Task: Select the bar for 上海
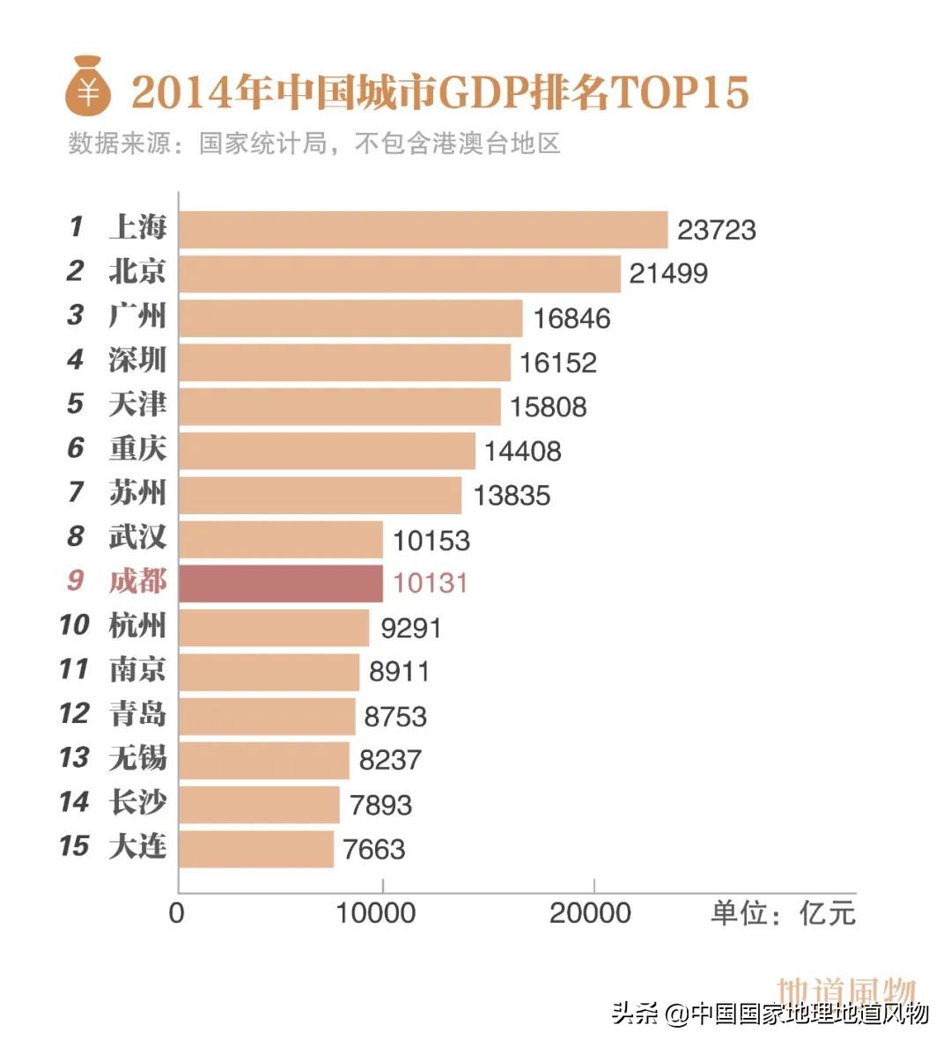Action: [423, 230]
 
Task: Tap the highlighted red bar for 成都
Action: [280, 583]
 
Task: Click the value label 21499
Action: [668, 274]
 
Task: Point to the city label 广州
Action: [137, 315]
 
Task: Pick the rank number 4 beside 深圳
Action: [76, 359]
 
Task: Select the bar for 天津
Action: [339, 407]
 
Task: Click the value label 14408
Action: [522, 451]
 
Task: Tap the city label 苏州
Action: [137, 492]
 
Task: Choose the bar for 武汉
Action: [280, 539]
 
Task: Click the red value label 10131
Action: [431, 583]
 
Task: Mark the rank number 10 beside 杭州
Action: [74, 625]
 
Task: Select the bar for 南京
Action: [269, 672]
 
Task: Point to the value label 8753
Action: [395, 716]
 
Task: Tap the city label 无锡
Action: [137, 757]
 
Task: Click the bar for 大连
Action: [255, 849]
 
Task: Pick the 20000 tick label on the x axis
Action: [590, 913]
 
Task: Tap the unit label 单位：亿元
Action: [783, 913]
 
